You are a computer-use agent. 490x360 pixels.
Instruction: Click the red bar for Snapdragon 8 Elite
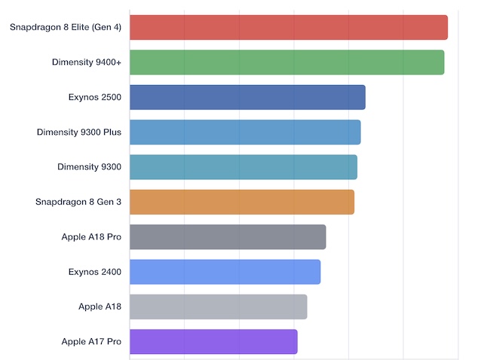click(288, 28)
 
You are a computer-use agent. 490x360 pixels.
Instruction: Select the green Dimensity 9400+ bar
click(286, 63)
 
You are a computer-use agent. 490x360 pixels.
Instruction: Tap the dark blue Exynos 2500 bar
click(247, 97)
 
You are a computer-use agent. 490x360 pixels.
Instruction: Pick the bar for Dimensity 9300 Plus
click(245, 132)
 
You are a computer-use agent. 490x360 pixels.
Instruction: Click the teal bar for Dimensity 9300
click(243, 166)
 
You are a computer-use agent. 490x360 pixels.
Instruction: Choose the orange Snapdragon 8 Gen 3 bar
click(241, 202)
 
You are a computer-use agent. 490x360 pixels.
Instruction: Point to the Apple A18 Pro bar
click(228, 236)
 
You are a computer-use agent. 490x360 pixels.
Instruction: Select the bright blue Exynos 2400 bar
click(225, 272)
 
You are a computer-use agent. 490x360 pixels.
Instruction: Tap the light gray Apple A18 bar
click(218, 307)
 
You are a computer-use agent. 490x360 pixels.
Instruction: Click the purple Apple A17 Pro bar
click(213, 341)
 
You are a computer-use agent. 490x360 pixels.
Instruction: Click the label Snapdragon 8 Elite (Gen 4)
click(66, 28)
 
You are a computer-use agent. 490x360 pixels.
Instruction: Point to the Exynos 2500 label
click(94, 97)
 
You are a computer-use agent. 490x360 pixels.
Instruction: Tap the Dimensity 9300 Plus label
click(79, 132)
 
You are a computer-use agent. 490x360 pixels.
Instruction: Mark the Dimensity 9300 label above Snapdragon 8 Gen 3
click(89, 166)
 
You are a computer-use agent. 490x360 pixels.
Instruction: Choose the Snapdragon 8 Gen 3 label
click(78, 202)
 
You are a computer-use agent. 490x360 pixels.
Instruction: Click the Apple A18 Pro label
click(91, 236)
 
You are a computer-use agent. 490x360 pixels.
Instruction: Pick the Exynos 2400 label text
click(94, 272)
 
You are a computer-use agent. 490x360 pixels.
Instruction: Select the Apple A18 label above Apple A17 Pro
click(100, 307)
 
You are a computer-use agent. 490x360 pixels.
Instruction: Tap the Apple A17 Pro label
click(91, 341)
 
